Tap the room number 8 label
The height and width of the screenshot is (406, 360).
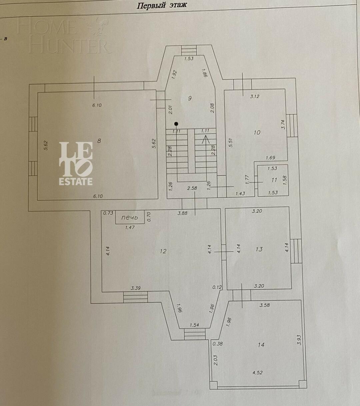[99, 141]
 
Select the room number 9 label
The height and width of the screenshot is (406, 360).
[190, 98]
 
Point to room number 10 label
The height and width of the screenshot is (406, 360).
[257, 133]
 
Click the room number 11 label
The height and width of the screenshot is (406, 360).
[274, 180]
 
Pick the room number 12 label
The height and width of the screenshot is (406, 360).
[163, 251]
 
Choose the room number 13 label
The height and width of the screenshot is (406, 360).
[259, 249]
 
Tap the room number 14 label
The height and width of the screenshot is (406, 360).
[261, 345]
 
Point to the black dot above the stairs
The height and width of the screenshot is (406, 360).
[176, 124]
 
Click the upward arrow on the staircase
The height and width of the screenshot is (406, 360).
[206, 137]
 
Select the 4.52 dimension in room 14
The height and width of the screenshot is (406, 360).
[257, 373]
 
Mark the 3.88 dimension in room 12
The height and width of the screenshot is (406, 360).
[183, 213]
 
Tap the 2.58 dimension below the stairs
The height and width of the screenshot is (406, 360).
[192, 188]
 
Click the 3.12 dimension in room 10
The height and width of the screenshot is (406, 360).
[255, 97]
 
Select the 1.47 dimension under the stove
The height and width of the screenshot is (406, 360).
[130, 227]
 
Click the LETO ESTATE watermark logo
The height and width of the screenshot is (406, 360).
[76, 163]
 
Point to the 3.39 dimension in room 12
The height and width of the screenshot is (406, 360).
[135, 288]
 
